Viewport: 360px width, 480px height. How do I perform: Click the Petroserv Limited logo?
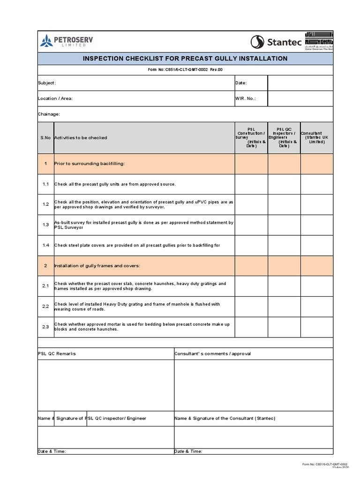click(67, 42)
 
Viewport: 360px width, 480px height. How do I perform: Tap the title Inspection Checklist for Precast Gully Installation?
click(185, 59)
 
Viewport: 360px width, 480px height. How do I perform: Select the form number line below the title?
click(185, 70)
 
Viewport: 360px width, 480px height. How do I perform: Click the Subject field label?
click(47, 83)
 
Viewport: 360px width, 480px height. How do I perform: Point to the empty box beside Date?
click(300, 83)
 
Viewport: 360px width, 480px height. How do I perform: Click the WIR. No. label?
click(246, 99)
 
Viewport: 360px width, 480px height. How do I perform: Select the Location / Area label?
click(55, 99)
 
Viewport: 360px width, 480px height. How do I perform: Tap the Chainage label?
click(49, 114)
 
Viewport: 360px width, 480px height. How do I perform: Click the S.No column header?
click(45, 138)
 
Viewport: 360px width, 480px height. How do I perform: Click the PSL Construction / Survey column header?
click(251, 137)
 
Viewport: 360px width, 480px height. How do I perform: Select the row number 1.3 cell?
click(45, 225)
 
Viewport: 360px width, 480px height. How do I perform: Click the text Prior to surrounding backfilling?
click(90, 164)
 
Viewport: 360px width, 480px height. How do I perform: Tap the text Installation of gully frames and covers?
click(97, 266)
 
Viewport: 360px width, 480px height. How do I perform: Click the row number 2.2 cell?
click(45, 307)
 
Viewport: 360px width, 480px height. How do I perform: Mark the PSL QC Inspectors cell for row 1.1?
click(284, 184)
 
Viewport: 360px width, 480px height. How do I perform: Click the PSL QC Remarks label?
click(57, 353)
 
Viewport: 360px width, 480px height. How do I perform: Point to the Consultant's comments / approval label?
click(212, 353)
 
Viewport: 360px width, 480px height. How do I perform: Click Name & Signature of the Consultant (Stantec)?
click(225, 418)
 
